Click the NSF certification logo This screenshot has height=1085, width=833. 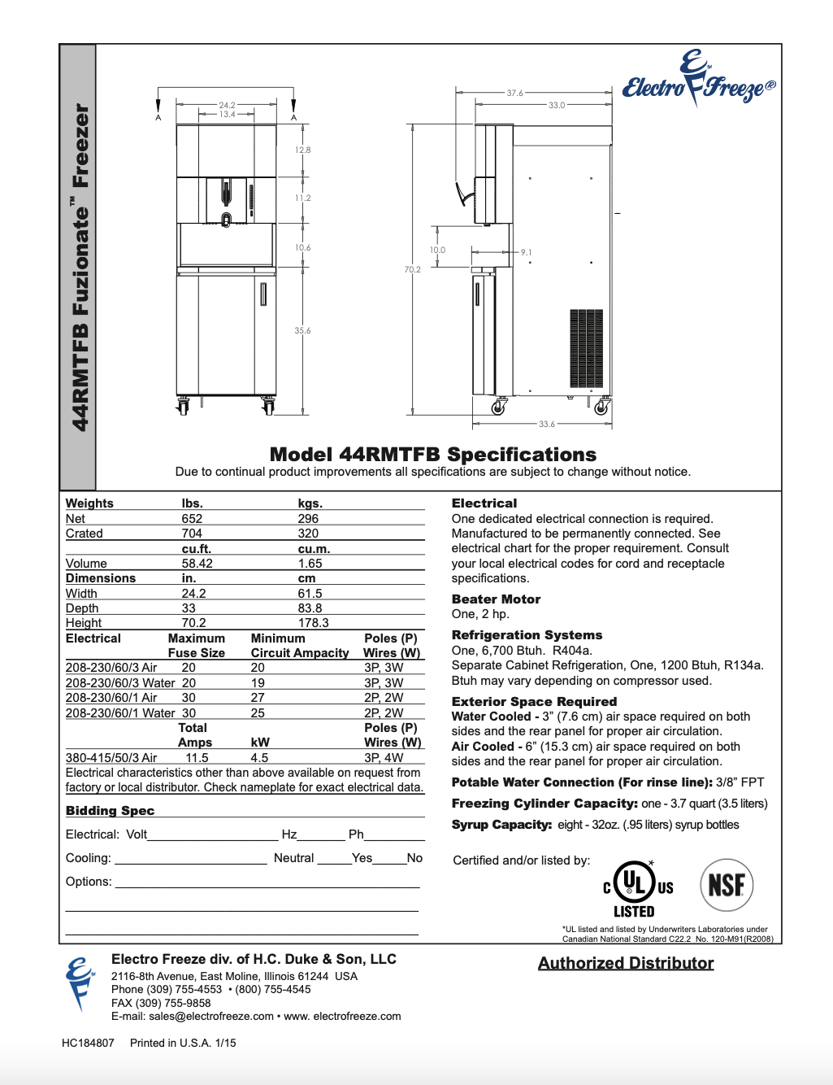pyautogui.click(x=727, y=885)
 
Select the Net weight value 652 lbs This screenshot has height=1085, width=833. pyautogui.click(x=192, y=519)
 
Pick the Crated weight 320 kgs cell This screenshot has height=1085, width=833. pyautogui.click(x=308, y=534)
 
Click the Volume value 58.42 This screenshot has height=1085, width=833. pyautogui.click(x=197, y=564)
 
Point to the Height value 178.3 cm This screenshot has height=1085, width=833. pyautogui.click(x=313, y=623)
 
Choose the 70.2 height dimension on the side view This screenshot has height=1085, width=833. pyautogui.click(x=413, y=269)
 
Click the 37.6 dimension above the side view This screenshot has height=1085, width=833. pyautogui.click(x=515, y=93)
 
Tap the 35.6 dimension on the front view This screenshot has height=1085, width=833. pyautogui.click(x=302, y=331)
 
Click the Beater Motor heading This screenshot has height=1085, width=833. pyautogui.click(x=496, y=599)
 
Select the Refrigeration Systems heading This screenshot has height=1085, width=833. pyautogui.click(x=527, y=635)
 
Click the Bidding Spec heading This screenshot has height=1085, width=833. pyautogui.click(x=110, y=811)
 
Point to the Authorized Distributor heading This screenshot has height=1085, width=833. pyautogui.click(x=626, y=964)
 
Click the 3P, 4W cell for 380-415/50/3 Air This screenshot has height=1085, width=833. pyautogui.click(x=384, y=758)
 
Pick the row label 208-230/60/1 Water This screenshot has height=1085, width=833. pyautogui.click(x=120, y=713)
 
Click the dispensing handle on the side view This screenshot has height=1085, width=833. pyautogui.click(x=465, y=194)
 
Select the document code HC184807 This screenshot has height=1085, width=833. pyautogui.click(x=88, y=1043)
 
